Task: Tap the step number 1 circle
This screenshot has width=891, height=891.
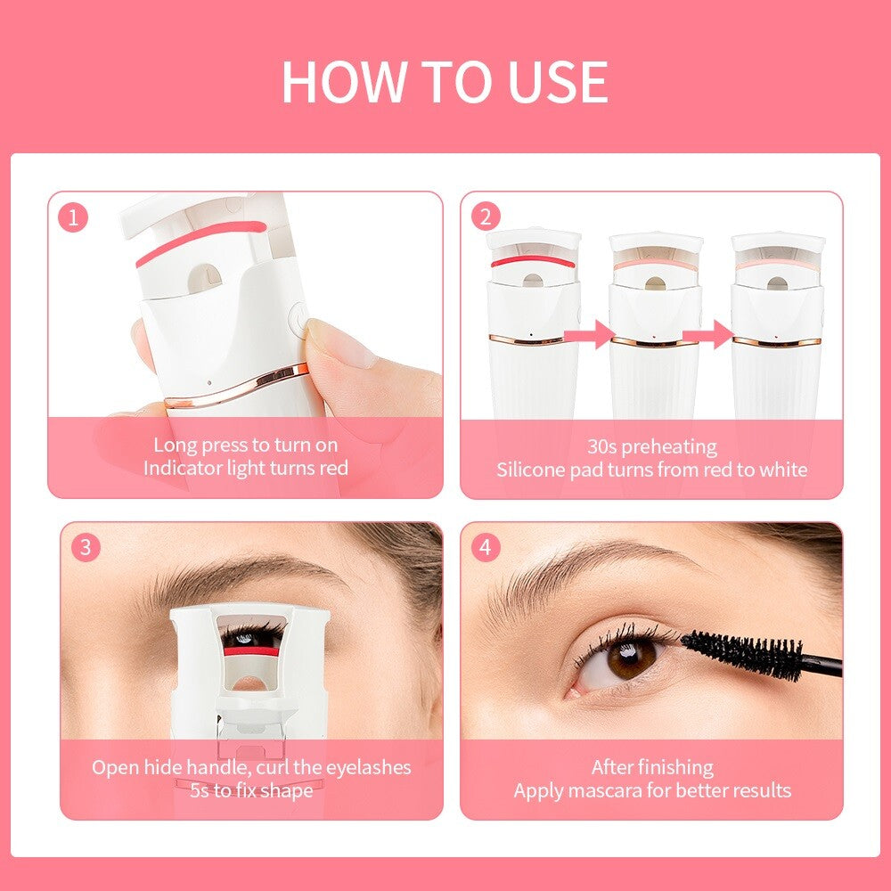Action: (73, 217)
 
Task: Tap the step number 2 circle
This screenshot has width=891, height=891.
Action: (486, 217)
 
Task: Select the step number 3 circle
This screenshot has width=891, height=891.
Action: (86, 547)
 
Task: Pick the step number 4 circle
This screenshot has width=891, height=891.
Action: (486, 547)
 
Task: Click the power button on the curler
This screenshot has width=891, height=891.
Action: (298, 318)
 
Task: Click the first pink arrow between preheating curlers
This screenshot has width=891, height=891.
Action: (589, 334)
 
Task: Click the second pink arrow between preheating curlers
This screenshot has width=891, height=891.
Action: (708, 334)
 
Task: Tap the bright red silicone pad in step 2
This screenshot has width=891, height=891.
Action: (533, 261)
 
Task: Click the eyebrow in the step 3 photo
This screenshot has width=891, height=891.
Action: (239, 575)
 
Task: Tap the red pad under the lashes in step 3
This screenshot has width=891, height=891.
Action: (250, 651)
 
